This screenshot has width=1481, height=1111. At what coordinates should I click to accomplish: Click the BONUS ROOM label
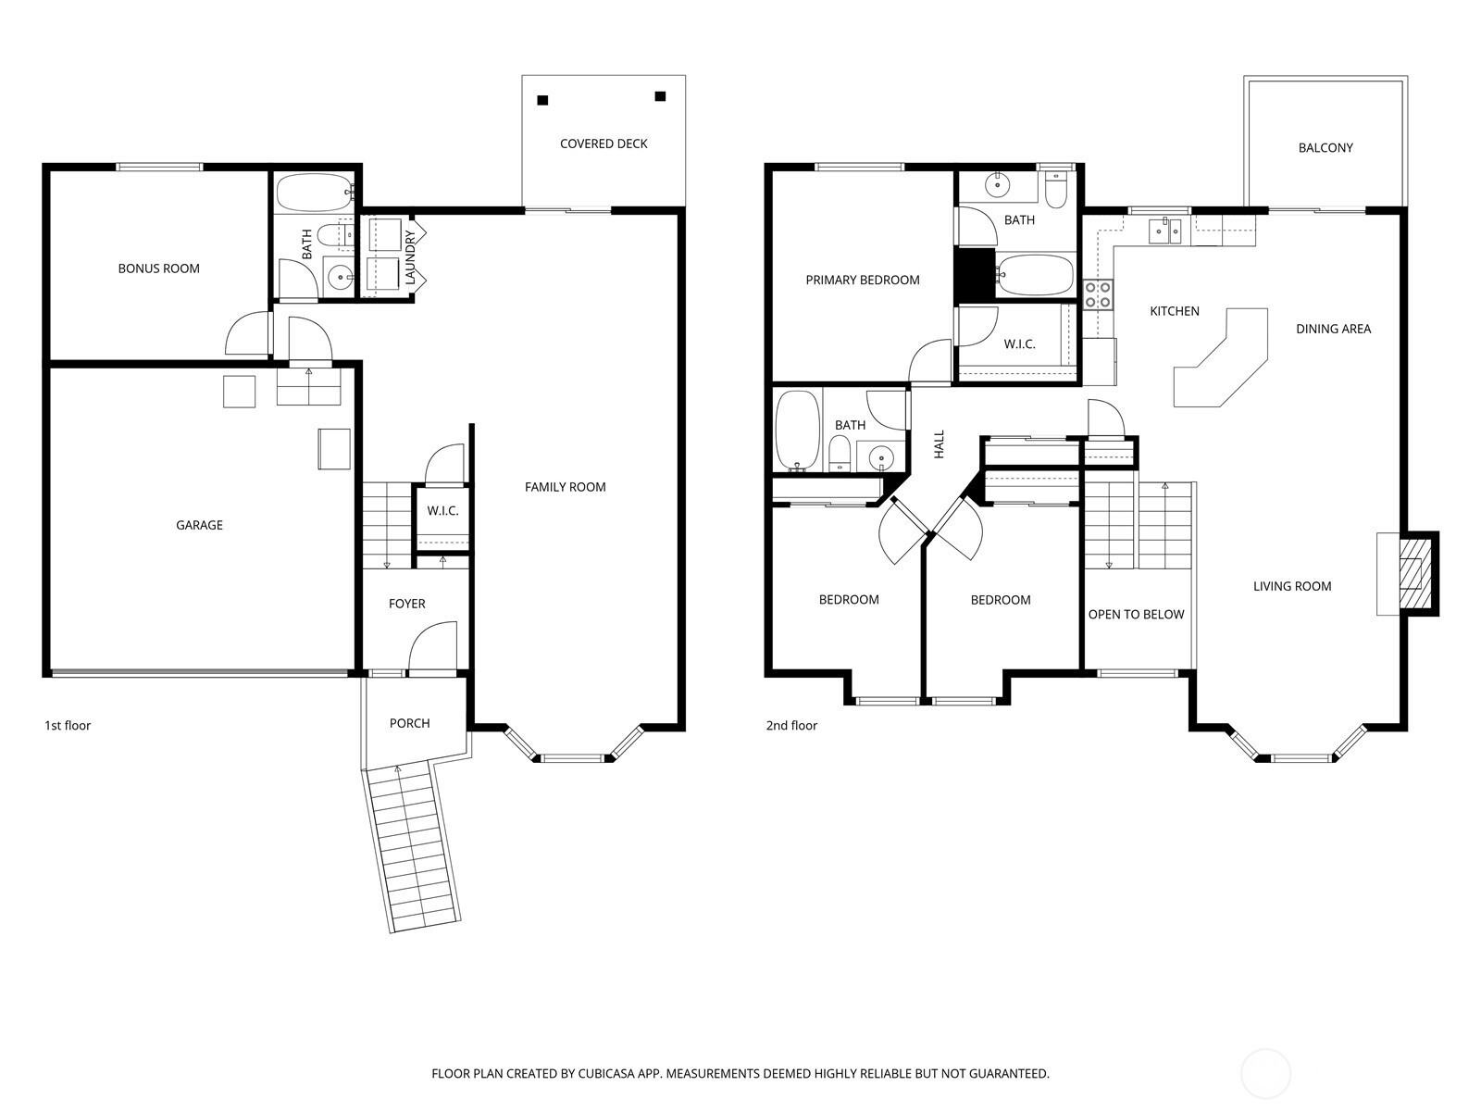158,268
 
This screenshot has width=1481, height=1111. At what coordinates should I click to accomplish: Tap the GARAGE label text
199,525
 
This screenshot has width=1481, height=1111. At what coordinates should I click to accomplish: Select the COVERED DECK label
604,144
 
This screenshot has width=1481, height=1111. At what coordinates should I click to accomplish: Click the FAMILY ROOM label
565,487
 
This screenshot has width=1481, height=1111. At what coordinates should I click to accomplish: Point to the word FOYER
407,604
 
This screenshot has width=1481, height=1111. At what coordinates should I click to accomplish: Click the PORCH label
409,723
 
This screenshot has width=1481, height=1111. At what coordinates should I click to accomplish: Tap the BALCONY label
1325,148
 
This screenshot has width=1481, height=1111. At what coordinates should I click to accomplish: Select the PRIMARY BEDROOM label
863,280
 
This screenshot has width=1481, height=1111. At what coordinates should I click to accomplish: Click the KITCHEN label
1174,311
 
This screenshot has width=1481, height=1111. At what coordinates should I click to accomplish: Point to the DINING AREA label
1333,329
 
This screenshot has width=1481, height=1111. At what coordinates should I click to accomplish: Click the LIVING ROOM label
1292,586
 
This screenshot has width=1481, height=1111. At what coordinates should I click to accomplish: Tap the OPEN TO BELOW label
1137,615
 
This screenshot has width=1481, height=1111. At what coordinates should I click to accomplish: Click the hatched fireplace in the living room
1415,573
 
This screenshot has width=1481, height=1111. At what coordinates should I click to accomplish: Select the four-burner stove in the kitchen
1098,294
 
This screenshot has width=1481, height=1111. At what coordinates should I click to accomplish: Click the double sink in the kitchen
1165,231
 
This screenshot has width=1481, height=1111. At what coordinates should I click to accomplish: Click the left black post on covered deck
542,101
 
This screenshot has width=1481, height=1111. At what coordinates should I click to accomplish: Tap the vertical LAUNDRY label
409,257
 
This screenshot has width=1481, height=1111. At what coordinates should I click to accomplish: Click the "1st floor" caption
68,725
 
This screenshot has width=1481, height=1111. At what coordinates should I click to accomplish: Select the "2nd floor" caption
791,725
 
